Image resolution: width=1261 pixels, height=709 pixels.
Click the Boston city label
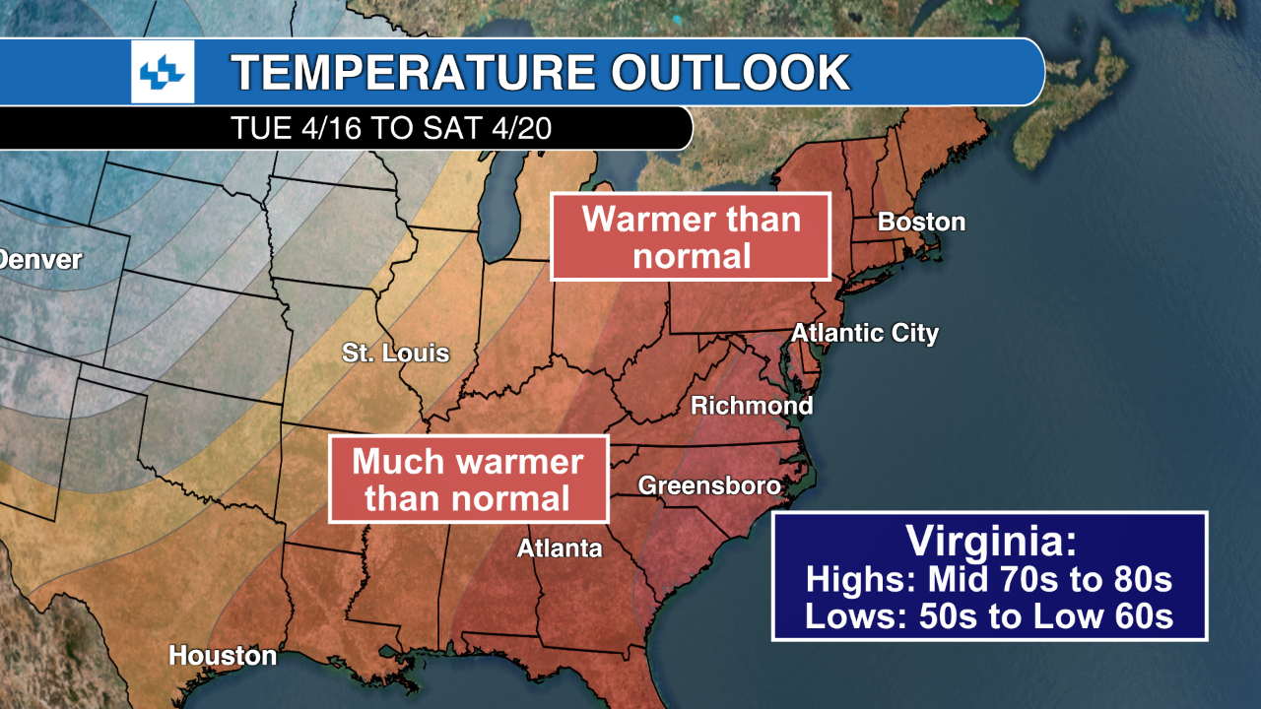click(921, 222)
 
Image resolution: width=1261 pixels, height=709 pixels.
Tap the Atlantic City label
click(865, 333)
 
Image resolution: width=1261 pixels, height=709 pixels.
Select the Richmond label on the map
click(752, 406)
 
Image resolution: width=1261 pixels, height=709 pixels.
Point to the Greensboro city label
click(709, 485)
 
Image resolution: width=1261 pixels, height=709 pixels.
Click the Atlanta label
click(560, 548)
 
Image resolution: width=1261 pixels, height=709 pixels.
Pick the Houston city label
click(223, 656)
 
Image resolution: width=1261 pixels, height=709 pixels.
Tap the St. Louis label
click(395, 353)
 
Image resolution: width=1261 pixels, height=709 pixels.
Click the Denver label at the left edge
click(39, 261)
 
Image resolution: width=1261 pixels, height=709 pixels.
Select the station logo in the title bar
click(163, 72)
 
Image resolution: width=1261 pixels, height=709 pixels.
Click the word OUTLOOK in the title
click(730, 73)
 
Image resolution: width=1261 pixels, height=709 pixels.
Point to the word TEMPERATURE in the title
click(412, 73)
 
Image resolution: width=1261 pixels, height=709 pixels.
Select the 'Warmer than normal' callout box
click(691, 236)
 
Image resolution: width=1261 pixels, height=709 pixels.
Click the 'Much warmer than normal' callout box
click(468, 479)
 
